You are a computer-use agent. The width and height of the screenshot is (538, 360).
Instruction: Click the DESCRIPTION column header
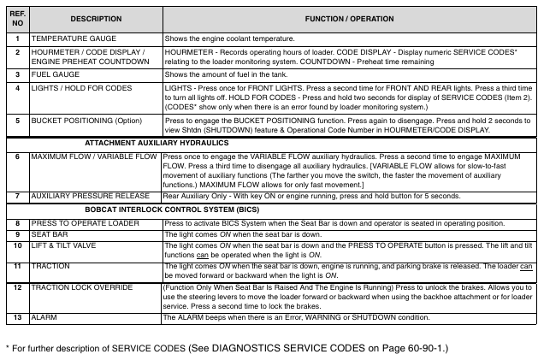(x=95, y=18)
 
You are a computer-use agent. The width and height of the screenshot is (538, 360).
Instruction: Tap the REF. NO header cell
(x=17, y=18)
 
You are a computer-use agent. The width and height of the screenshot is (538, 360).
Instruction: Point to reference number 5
(x=17, y=121)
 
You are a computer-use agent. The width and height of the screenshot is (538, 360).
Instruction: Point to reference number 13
(x=17, y=316)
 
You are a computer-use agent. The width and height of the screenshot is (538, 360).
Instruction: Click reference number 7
(x=17, y=196)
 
